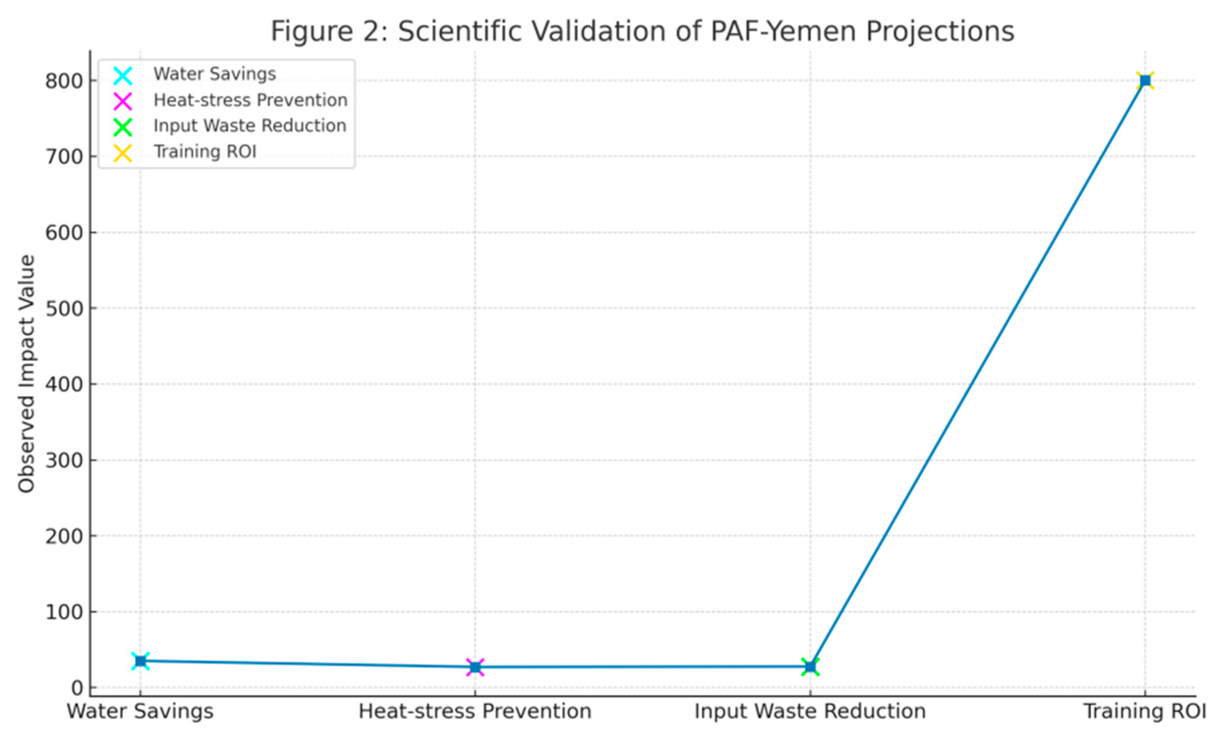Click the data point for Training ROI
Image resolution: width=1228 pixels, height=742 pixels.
point(1145,80)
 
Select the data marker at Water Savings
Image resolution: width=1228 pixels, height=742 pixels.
point(140,662)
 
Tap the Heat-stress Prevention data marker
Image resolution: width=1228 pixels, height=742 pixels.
point(475,667)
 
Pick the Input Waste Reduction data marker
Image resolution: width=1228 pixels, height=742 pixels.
point(810,666)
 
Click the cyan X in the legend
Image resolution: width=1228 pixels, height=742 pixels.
point(122,75)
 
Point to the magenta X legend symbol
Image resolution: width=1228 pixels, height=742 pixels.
point(122,101)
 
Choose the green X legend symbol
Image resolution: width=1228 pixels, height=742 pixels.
point(122,127)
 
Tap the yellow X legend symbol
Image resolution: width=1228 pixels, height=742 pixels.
point(122,153)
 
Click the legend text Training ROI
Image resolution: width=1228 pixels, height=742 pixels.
point(205,151)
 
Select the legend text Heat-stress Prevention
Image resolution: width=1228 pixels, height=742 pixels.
point(250,100)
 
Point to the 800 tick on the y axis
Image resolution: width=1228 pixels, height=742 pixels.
point(64,80)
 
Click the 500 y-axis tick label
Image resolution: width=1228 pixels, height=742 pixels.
point(64,308)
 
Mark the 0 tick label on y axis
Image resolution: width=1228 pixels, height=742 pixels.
point(76,688)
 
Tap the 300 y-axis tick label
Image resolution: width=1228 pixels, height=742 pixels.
point(64,460)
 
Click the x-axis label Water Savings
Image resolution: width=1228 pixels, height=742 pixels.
point(140,711)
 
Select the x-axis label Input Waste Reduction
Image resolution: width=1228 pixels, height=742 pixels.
point(810,711)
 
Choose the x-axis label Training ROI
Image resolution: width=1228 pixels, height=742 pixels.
point(1145,711)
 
